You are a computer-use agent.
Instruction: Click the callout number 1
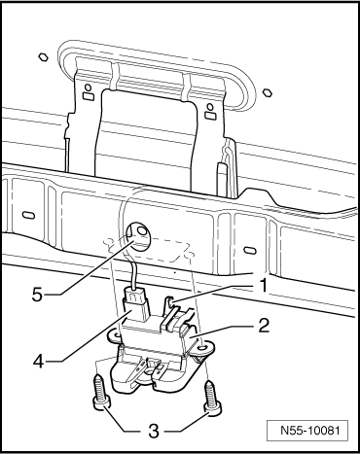point(264,286)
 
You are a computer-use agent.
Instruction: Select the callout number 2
point(264,326)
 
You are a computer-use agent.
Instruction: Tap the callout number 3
point(153,431)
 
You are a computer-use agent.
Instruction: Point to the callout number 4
point(39,361)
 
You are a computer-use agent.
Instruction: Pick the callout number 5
point(37,295)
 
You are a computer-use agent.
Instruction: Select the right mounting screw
point(213,398)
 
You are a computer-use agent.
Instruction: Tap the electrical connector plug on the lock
point(135,305)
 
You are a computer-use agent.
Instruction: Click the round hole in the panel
point(138,237)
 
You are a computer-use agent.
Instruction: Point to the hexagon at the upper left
point(43,57)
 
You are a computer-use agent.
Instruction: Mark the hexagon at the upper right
point(267,92)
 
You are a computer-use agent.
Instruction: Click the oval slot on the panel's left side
point(29,215)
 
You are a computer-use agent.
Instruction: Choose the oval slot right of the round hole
point(250,251)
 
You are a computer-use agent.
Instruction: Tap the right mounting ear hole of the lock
point(203,348)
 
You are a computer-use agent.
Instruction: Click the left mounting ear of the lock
point(115,334)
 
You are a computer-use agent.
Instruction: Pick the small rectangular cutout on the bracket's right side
point(210,115)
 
